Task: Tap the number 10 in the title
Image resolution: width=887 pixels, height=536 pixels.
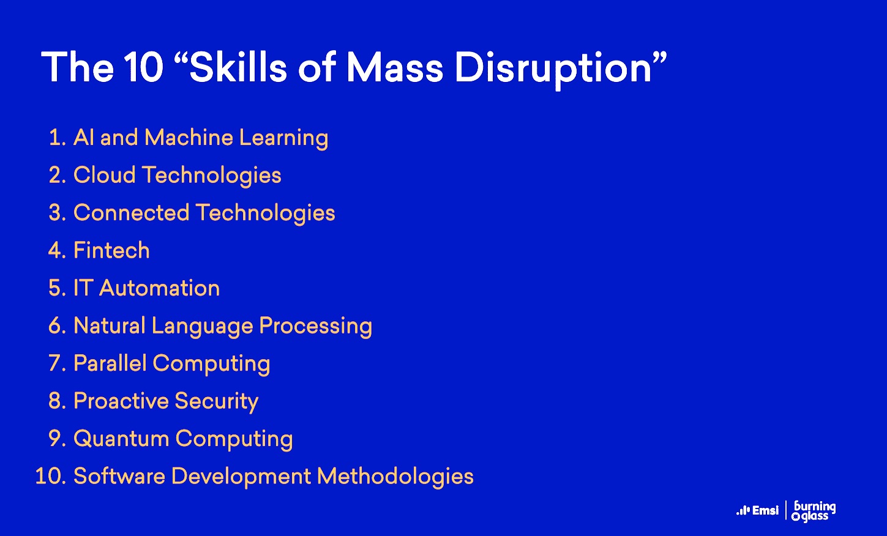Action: [x=144, y=68]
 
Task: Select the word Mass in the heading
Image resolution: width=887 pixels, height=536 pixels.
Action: [x=395, y=68]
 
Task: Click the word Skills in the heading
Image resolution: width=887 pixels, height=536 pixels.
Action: [x=238, y=67]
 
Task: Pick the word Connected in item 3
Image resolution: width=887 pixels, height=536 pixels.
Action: [x=132, y=212]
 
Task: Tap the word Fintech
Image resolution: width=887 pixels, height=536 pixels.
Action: [x=111, y=250]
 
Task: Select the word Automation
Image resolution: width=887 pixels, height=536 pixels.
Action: [x=159, y=288]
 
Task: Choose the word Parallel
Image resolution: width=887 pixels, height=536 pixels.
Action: [x=110, y=363]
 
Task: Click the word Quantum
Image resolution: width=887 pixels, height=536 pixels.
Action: [x=121, y=439]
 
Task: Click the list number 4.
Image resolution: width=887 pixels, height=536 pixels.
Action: [x=57, y=250]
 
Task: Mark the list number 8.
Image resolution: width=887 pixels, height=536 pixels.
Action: [x=57, y=401]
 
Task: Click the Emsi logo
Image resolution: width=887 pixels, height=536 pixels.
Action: [x=757, y=511]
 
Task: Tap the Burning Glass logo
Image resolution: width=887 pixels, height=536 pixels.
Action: [x=814, y=512]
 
